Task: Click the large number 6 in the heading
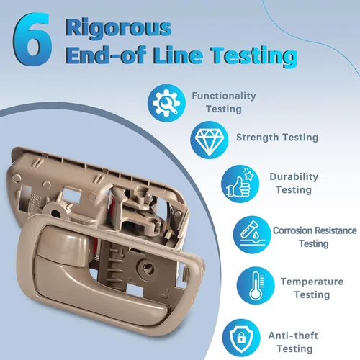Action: point(32,39)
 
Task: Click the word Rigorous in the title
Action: point(118,28)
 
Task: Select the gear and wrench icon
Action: point(166,103)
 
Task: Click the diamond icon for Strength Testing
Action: point(210,140)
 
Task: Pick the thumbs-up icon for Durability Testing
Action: point(240,184)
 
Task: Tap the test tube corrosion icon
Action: point(252,235)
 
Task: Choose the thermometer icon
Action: point(256,286)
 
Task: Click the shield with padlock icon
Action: point(241,338)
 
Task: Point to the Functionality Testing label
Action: point(224,102)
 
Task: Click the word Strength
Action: point(257,138)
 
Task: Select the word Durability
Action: point(294,177)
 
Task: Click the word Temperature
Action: point(312,282)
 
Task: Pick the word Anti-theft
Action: point(293,336)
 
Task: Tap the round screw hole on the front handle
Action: point(146,266)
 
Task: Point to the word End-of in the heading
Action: point(106,55)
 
